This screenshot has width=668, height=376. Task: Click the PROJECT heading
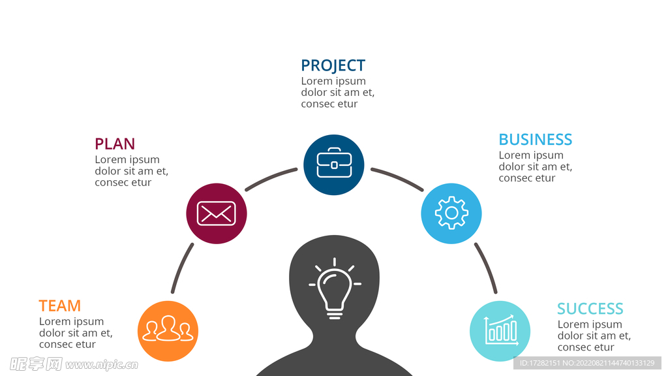pos(333,65)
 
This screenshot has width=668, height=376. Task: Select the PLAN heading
pos(115,144)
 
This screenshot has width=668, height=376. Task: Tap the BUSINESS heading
pos(535,140)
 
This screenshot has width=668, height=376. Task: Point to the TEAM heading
pos(59,305)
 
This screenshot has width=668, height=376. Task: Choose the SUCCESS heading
pos(590,308)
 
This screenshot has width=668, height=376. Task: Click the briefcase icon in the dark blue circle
pos(334,163)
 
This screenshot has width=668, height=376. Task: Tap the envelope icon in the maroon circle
pos(217,213)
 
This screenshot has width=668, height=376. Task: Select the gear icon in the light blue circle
pos(451,213)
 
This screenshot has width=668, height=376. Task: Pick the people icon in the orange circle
pos(168,328)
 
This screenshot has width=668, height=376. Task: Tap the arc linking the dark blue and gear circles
pos(398,178)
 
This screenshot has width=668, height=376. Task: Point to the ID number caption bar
pos(587,363)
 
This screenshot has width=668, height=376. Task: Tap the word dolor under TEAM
pos(52,332)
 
